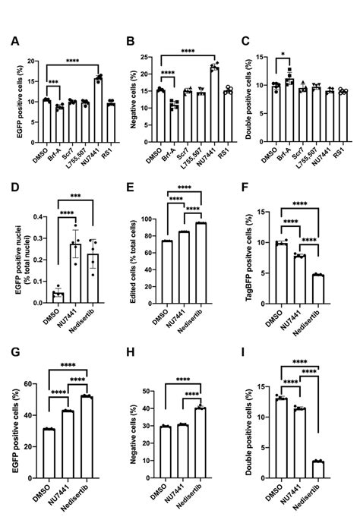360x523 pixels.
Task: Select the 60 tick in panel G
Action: (35, 384)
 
